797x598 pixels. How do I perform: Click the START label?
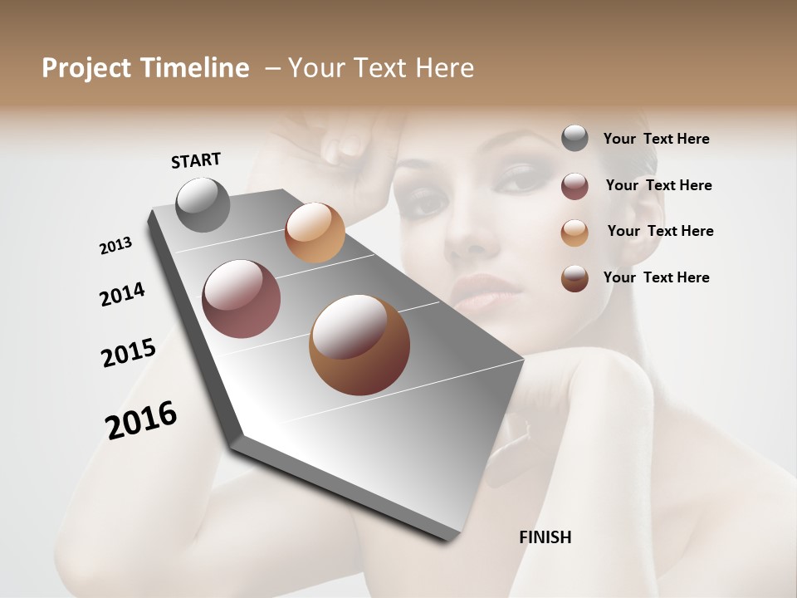pyautogui.click(x=196, y=160)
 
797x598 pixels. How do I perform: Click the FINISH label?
pyautogui.click(x=545, y=537)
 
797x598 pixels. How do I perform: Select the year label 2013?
pyautogui.click(x=115, y=246)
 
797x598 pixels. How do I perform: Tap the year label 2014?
pyautogui.click(x=122, y=295)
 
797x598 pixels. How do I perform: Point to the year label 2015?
pyautogui.click(x=129, y=353)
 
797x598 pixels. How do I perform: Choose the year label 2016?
pyautogui.click(x=141, y=419)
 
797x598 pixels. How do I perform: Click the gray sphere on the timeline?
pyautogui.click(x=203, y=204)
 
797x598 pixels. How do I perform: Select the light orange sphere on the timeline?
pyautogui.click(x=315, y=233)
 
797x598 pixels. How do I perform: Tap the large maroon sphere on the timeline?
pyautogui.click(x=242, y=299)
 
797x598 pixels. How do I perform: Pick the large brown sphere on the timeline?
pyautogui.click(x=359, y=345)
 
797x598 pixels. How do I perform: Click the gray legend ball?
pyautogui.click(x=575, y=138)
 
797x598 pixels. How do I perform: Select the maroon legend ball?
pyautogui.click(x=575, y=186)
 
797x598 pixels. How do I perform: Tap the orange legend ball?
pyautogui.click(x=575, y=233)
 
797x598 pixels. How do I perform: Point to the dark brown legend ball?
pyautogui.click(x=575, y=278)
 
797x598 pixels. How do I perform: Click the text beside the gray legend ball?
pyautogui.click(x=656, y=139)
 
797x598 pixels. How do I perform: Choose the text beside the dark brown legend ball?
pyautogui.click(x=656, y=277)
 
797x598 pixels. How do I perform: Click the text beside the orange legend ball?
pyautogui.click(x=660, y=231)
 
